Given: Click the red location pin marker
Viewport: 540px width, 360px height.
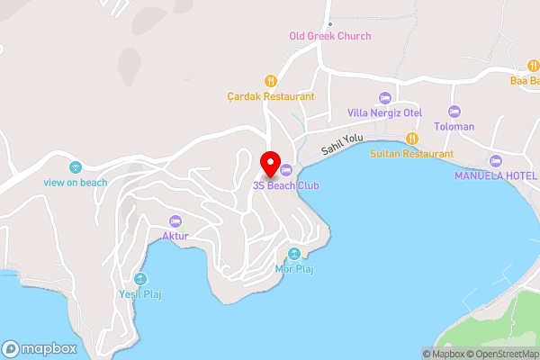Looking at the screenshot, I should pos(269,163).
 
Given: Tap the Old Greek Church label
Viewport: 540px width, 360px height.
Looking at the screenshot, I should pos(329,36).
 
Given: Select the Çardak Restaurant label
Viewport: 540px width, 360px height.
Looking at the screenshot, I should pos(270,96).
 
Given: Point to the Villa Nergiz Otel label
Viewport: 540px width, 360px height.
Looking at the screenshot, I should pos(385,112).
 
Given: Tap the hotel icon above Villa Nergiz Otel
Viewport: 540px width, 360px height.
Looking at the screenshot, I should pos(385,97).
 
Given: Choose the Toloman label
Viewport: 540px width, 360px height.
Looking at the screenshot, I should pos(454,127).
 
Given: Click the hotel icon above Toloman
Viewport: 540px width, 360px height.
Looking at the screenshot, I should pos(454,112).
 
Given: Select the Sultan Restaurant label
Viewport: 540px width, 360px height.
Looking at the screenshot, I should pos(411,154).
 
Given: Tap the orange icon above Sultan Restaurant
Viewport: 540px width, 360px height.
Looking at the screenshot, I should pos(411,139).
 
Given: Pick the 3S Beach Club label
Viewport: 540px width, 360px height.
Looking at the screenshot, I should pos(286,185).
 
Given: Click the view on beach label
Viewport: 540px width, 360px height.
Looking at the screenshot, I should pos(76,182).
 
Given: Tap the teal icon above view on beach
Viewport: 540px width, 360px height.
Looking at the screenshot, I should pos(76,166).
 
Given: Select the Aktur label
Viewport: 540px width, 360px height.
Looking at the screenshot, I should pos(175,236).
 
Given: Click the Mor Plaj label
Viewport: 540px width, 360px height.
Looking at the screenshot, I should pos(293,268).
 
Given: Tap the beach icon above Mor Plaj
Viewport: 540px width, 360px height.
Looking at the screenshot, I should pos(293,253).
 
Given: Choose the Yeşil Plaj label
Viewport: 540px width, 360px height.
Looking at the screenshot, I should pos(139,293).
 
